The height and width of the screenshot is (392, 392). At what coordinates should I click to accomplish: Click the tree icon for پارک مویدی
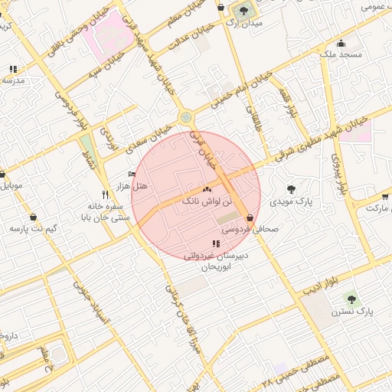pos(290,188)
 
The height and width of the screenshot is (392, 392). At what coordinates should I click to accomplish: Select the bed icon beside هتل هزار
pos(132,175)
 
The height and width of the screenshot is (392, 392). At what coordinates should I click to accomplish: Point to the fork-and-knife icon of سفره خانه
pos(105,194)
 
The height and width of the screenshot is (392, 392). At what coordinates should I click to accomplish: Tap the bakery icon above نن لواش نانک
pos(207,189)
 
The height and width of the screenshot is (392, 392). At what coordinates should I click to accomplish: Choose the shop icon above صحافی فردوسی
pos(250,217)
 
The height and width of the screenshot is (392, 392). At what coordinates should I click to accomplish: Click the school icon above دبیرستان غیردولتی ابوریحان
pos(214,243)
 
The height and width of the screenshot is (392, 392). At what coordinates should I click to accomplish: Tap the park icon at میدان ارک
pos(244,11)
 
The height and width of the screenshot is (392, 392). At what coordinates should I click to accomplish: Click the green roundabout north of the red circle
pos(185,117)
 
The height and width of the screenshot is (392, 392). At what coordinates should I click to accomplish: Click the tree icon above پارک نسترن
pos(351,299)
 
